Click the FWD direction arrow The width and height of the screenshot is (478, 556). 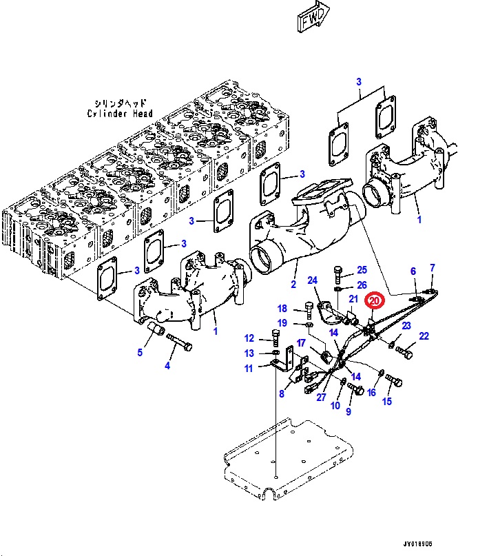(x=313, y=20)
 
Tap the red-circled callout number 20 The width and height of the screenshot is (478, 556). (x=375, y=300)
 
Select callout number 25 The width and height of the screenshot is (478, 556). (x=362, y=270)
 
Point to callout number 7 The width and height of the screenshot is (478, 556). (x=433, y=267)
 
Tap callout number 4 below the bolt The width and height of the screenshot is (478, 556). (x=167, y=366)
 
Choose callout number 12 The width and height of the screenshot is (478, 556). (x=249, y=338)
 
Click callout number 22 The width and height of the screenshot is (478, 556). (x=424, y=336)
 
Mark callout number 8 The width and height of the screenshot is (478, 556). (x=281, y=394)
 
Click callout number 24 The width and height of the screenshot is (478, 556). (x=312, y=280)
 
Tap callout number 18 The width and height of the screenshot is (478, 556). (x=282, y=308)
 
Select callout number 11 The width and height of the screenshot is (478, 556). (x=249, y=368)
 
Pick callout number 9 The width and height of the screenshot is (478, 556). (x=349, y=411)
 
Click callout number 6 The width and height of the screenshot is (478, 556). (x=413, y=271)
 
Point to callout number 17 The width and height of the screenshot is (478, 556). (x=301, y=342)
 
